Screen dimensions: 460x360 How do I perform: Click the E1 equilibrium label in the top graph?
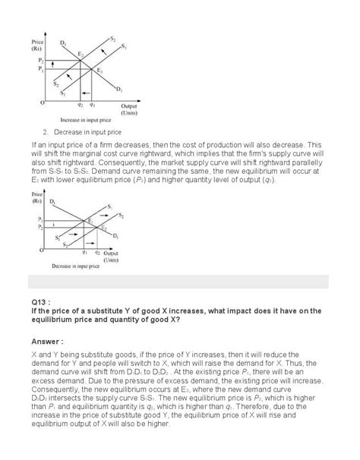coord(98,71)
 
